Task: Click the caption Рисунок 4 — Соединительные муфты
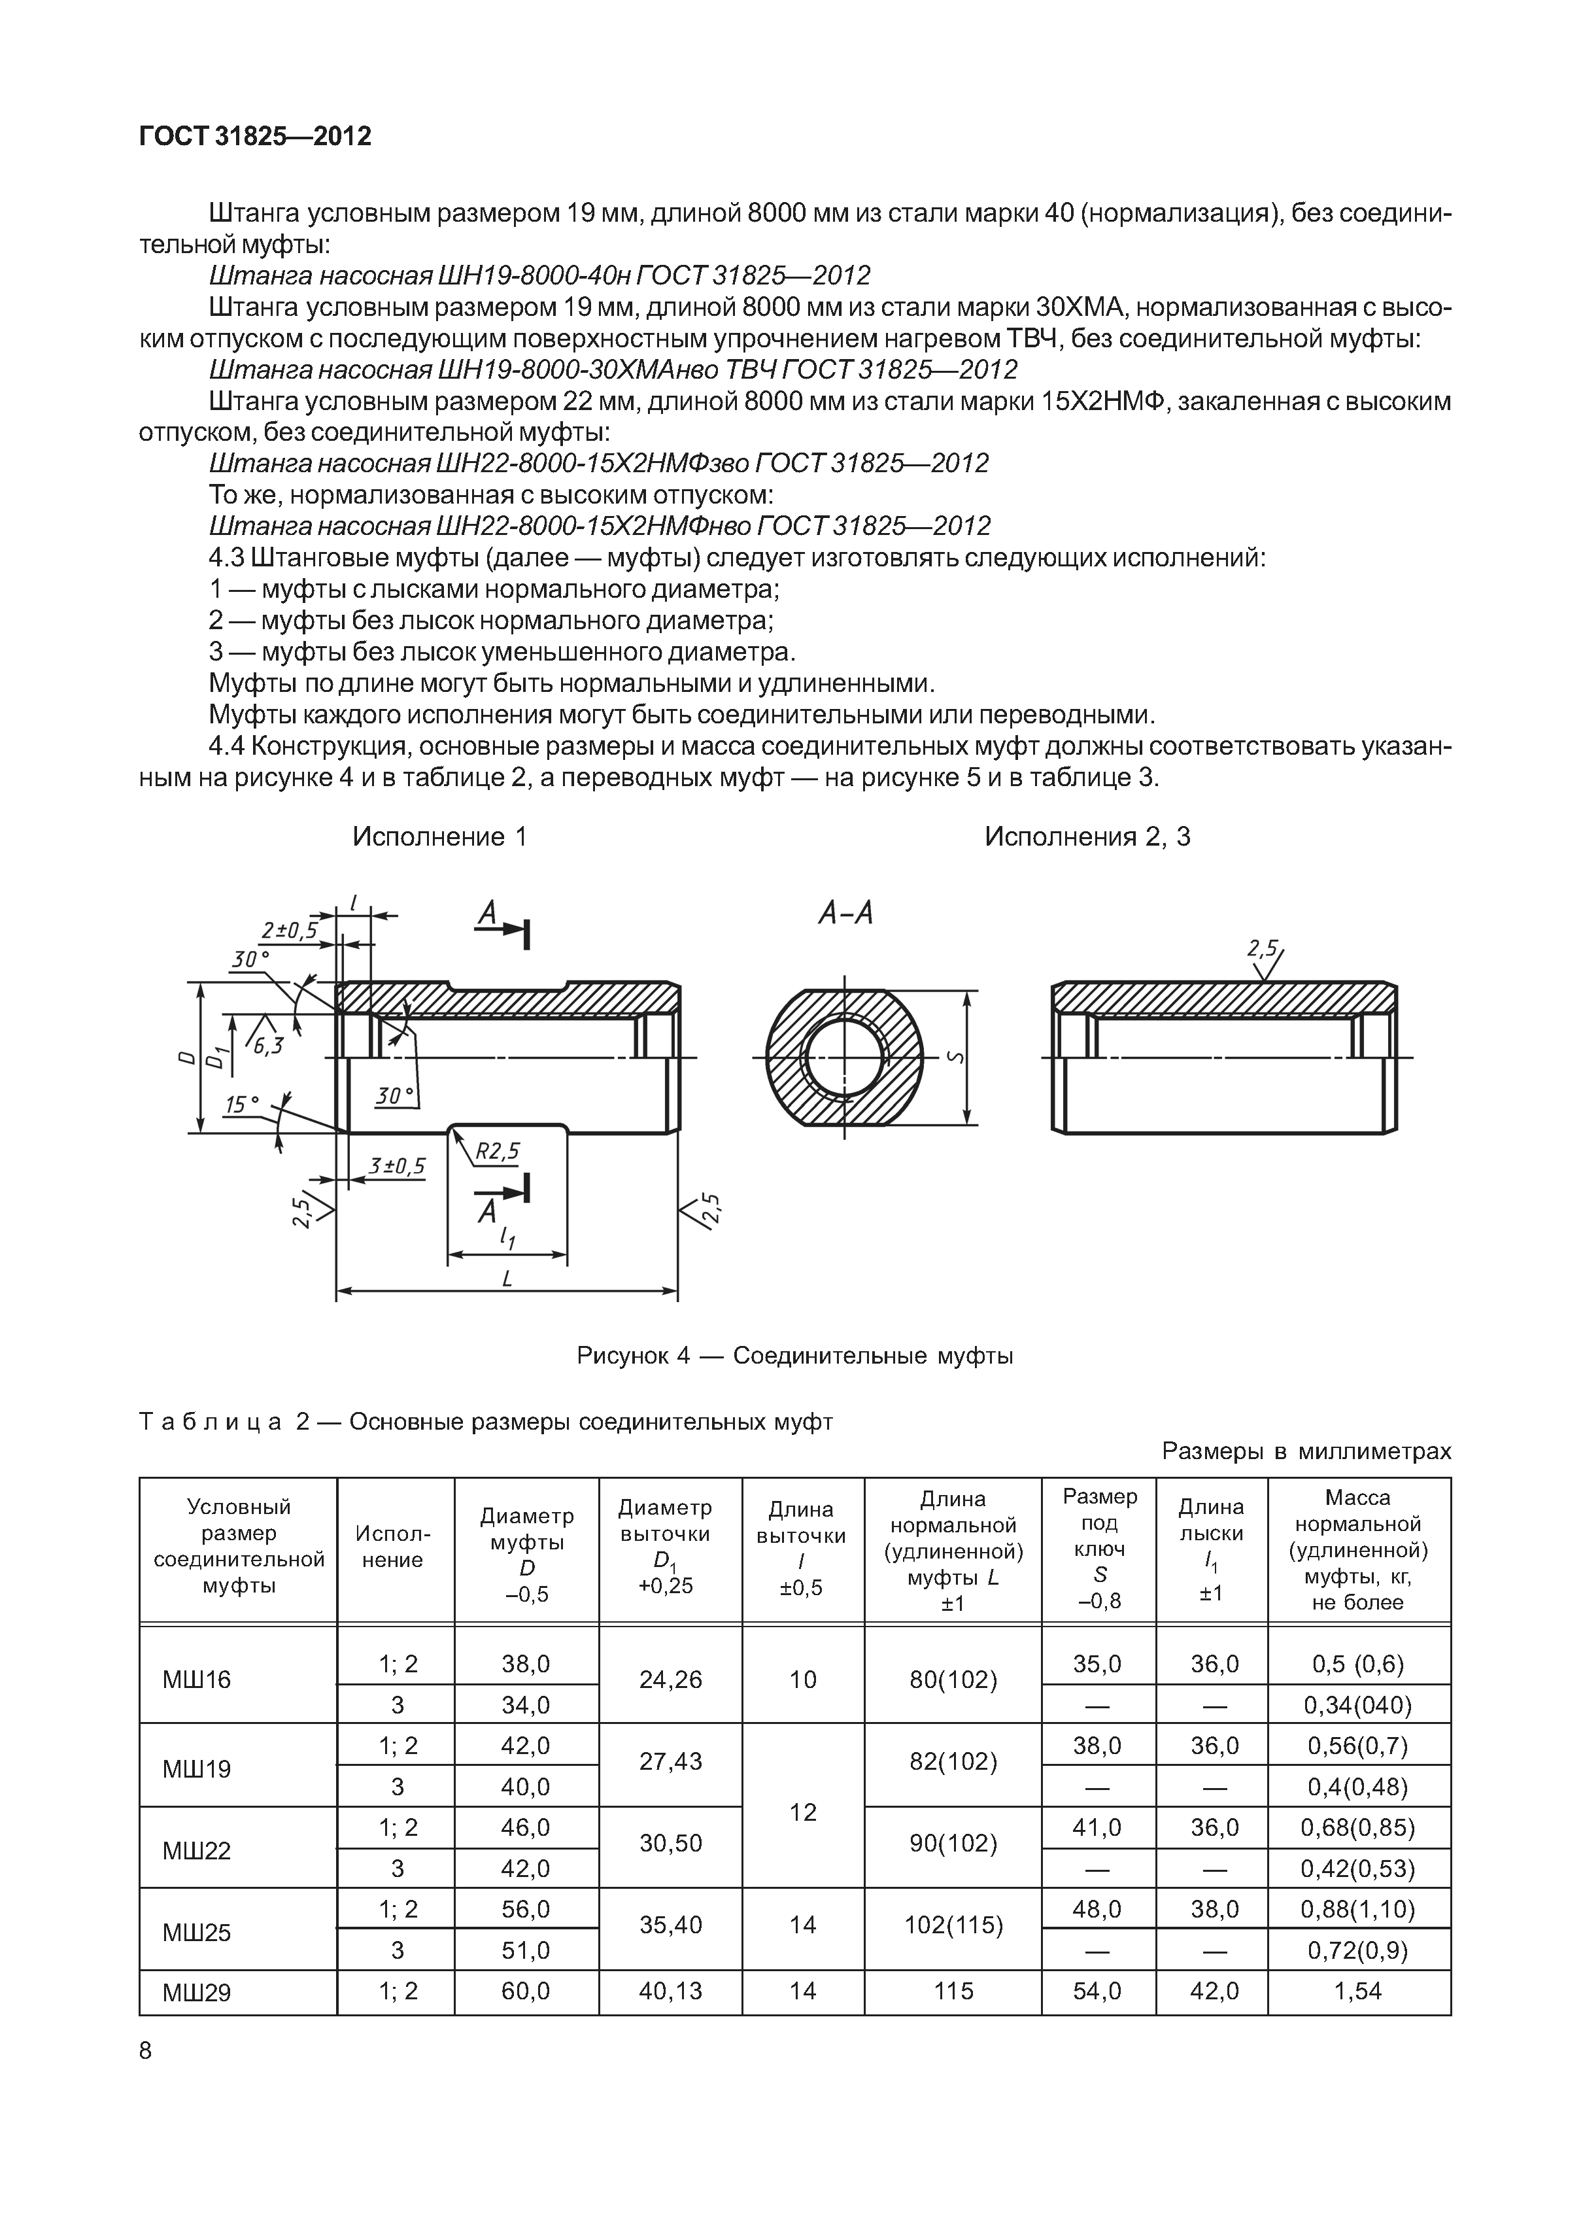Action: (795, 1355)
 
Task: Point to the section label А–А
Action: (845, 913)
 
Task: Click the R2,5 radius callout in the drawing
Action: (498, 1152)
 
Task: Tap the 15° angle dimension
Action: (242, 1105)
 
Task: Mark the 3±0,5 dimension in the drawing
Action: (397, 1166)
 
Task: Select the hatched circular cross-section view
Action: (845, 1059)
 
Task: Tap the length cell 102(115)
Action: (953, 1925)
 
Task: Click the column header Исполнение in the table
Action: (395, 1546)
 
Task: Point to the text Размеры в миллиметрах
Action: (1306, 1451)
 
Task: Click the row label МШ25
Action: (197, 1933)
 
